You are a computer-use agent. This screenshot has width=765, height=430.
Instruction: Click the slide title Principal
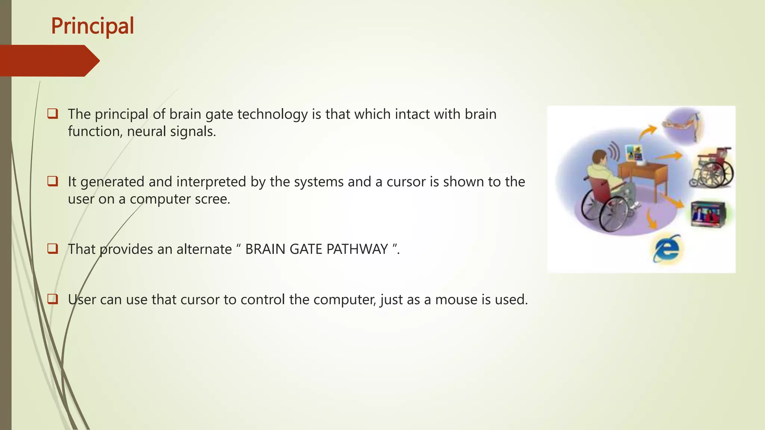coord(92,26)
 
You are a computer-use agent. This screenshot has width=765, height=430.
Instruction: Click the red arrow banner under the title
coord(49,61)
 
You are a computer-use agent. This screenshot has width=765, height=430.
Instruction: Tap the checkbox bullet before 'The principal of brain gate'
coord(53,113)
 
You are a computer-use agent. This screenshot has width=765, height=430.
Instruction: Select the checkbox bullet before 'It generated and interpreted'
coord(53,181)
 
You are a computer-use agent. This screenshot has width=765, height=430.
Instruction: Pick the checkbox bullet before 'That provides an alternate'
coord(53,249)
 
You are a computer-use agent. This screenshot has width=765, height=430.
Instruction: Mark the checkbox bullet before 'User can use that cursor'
coord(53,299)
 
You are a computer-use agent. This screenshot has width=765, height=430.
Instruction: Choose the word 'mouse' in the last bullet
coord(453,299)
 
